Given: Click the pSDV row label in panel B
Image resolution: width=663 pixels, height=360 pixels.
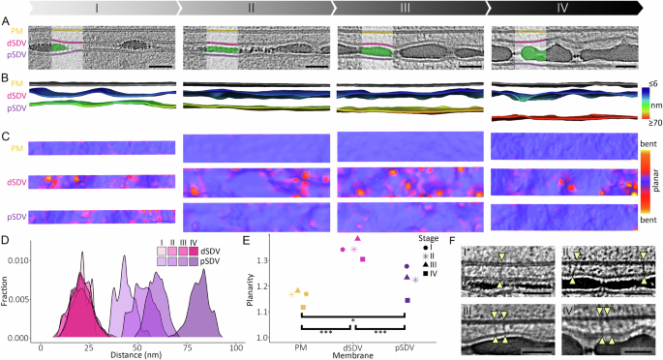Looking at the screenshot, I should tap(13, 107).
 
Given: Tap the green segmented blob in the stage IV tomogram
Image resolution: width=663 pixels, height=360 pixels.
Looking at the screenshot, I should tap(530, 47).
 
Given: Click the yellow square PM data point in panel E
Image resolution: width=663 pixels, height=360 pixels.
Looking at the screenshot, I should tap(304, 308).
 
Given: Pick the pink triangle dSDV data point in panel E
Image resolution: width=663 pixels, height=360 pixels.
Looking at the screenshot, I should tap(357, 238).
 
